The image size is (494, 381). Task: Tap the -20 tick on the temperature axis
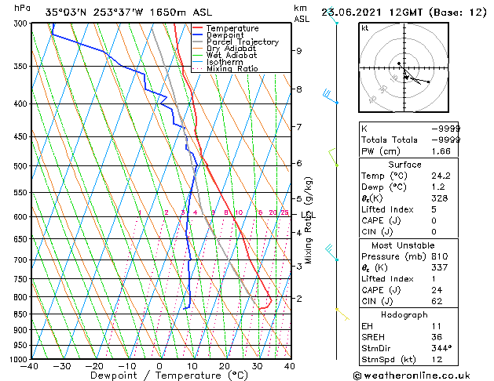click(94, 366)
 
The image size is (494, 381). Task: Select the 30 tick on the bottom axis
click(257, 366)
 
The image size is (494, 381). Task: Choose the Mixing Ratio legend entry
click(232, 69)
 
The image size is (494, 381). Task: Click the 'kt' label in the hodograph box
click(364, 28)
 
